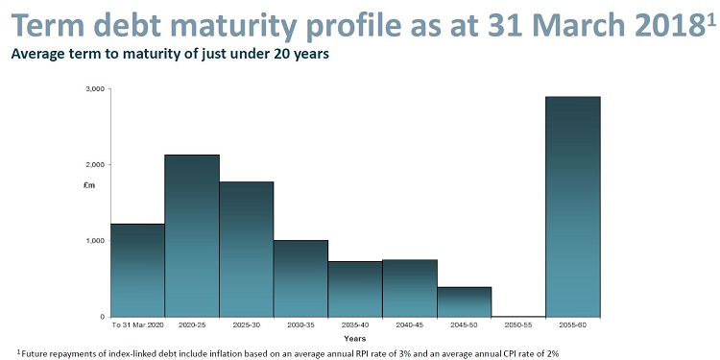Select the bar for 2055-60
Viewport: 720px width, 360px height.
573,206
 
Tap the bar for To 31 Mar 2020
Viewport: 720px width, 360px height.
137,270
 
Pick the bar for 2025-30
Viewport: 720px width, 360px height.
247,249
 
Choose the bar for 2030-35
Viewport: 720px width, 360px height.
300,278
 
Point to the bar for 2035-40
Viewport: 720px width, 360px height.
355,289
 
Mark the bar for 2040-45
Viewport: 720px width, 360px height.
410,288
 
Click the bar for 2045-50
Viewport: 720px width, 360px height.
464,301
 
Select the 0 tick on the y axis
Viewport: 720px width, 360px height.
100,316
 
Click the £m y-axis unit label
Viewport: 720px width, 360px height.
90,184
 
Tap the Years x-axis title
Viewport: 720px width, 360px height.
355,337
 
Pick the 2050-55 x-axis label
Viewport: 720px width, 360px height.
518,324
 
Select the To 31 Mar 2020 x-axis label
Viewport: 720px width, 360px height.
137,324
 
